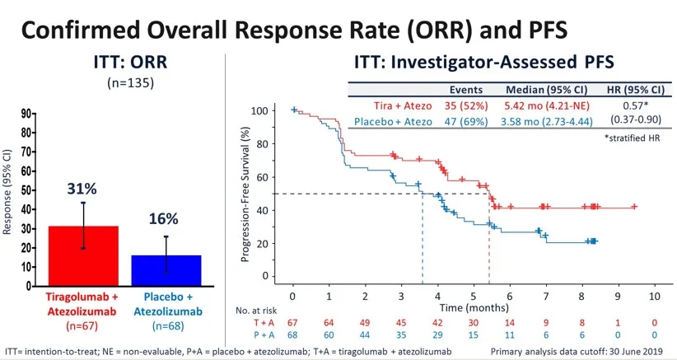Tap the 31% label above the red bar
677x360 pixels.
click(83, 189)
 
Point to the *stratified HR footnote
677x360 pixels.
click(635, 138)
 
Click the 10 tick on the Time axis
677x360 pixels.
click(653, 295)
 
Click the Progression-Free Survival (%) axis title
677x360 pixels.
click(245, 194)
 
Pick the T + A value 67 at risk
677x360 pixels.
click(293, 322)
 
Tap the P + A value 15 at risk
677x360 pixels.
click(474, 335)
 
